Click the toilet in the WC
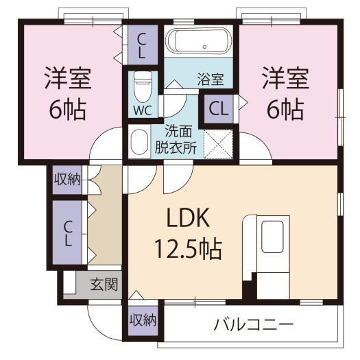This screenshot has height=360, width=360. click(x=143, y=86)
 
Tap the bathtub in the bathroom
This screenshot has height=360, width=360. click(x=199, y=41)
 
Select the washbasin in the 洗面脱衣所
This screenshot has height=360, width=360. click(x=139, y=141)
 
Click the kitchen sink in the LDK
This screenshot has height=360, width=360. click(x=272, y=237)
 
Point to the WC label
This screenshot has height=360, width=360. click(x=143, y=110)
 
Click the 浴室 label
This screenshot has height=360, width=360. click(x=211, y=80)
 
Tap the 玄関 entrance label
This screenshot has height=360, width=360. click(x=104, y=285)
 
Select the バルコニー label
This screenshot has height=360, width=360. click(x=254, y=324)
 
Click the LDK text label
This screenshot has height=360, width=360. click(x=188, y=217)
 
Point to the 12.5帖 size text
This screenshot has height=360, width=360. click(x=189, y=249)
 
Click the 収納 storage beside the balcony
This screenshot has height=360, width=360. click(x=143, y=320)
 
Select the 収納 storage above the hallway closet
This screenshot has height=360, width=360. click(x=67, y=180)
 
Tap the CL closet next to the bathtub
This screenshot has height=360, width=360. click(x=143, y=45)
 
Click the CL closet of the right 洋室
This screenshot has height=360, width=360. click(x=219, y=109)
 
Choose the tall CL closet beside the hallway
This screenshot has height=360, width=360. click(x=67, y=232)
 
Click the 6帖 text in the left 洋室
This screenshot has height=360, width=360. click(x=68, y=109)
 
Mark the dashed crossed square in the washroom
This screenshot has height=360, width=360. click(x=218, y=144)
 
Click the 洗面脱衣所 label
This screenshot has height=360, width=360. click(x=176, y=139)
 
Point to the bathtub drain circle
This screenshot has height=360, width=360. click(x=204, y=47)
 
